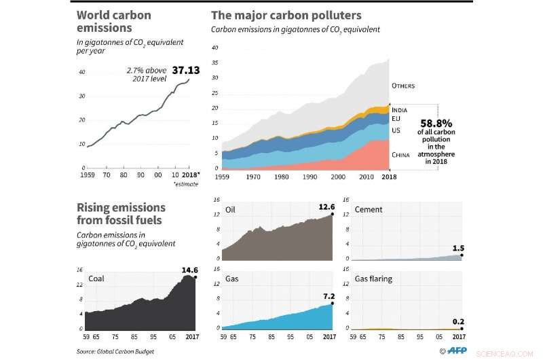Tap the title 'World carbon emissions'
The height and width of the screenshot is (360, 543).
point(113,22)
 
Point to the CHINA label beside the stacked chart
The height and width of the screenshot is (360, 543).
point(402,155)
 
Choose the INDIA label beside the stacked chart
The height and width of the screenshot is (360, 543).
point(400,109)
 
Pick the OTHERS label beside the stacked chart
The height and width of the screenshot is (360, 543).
point(403,86)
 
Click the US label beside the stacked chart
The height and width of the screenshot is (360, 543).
point(396,130)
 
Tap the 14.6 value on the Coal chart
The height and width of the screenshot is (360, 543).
point(189,270)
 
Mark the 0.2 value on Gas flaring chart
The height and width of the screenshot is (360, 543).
point(457,323)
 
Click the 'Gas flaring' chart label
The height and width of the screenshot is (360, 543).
point(373,279)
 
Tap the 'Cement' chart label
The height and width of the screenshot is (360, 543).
point(369,210)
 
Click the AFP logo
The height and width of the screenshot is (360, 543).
point(452,350)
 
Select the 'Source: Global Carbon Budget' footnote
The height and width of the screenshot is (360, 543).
point(115,351)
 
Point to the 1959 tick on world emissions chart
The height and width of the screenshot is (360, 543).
point(87,175)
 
